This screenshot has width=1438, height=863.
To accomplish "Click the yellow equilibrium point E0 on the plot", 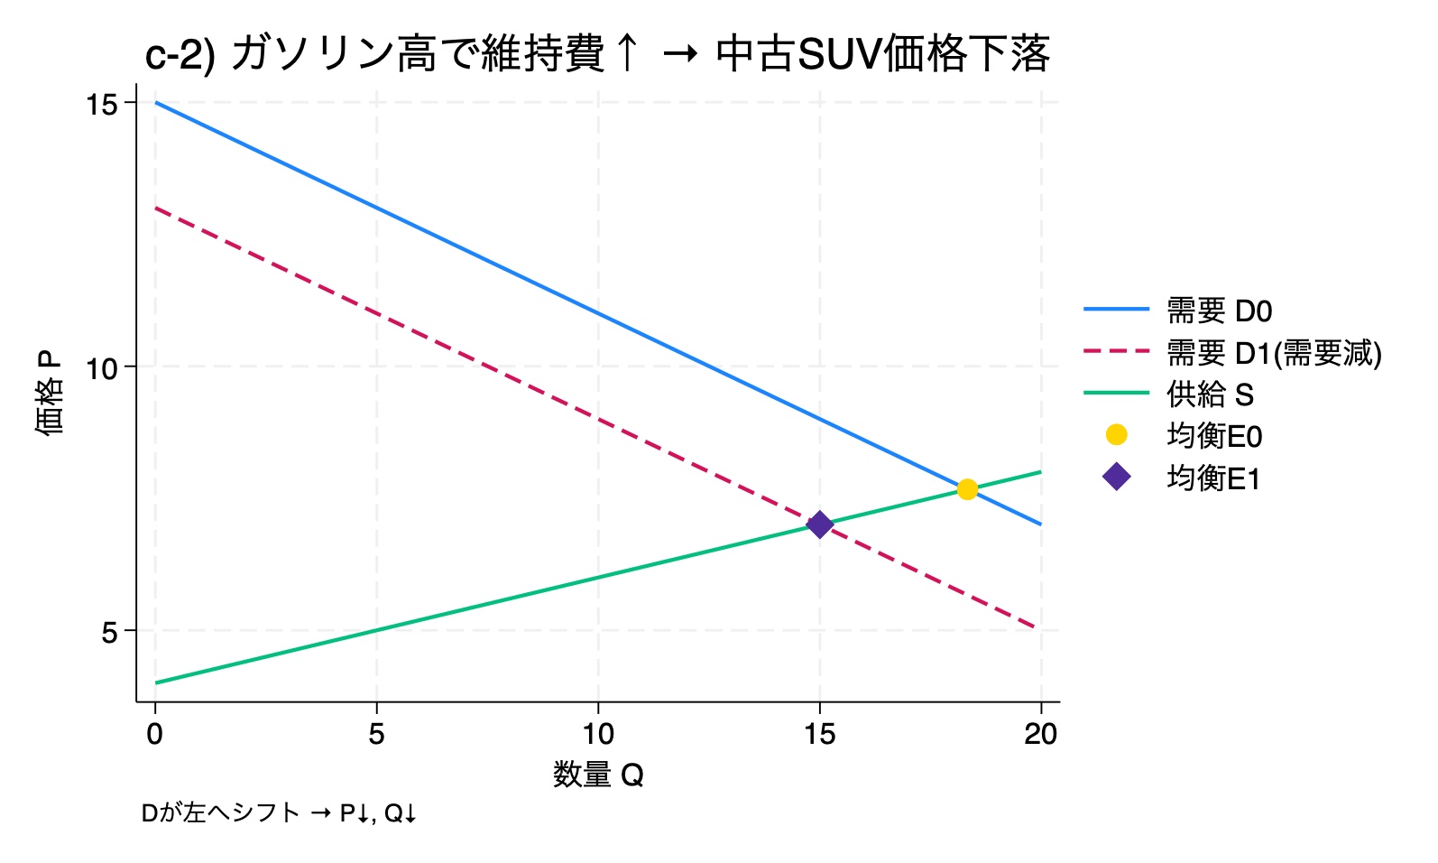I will pyautogui.click(x=967, y=489).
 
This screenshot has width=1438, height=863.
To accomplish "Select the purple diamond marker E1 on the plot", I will pyautogui.click(x=819, y=524).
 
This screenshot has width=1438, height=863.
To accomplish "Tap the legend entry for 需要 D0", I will pyautogui.click(x=1219, y=311).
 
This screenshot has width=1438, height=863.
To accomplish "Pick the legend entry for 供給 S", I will pyautogui.click(x=1210, y=394).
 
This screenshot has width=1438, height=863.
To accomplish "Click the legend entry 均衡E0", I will pyautogui.click(x=1214, y=436).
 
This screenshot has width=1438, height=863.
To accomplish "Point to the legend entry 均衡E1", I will pyautogui.click(x=1213, y=478).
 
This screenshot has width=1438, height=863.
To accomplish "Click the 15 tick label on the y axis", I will pyautogui.click(x=102, y=105).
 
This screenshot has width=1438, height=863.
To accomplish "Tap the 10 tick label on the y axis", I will pyautogui.click(x=102, y=368).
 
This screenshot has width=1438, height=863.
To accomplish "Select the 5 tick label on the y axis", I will pyautogui.click(x=109, y=633).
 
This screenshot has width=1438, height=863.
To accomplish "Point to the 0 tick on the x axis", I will pyautogui.click(x=155, y=734).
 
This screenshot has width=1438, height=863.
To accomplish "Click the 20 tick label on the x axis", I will pyautogui.click(x=1040, y=734).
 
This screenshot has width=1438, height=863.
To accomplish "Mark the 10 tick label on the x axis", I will pyautogui.click(x=598, y=734).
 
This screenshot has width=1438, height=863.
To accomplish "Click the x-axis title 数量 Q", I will pyautogui.click(x=598, y=775).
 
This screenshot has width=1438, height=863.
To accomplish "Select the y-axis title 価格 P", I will pyautogui.click(x=50, y=394).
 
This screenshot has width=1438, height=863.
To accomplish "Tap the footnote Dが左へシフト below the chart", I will pyautogui.click(x=220, y=813).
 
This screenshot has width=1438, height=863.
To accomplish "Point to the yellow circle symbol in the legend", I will pyautogui.click(x=1117, y=435).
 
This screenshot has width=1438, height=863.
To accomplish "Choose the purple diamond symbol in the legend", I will pyautogui.click(x=1117, y=477).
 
